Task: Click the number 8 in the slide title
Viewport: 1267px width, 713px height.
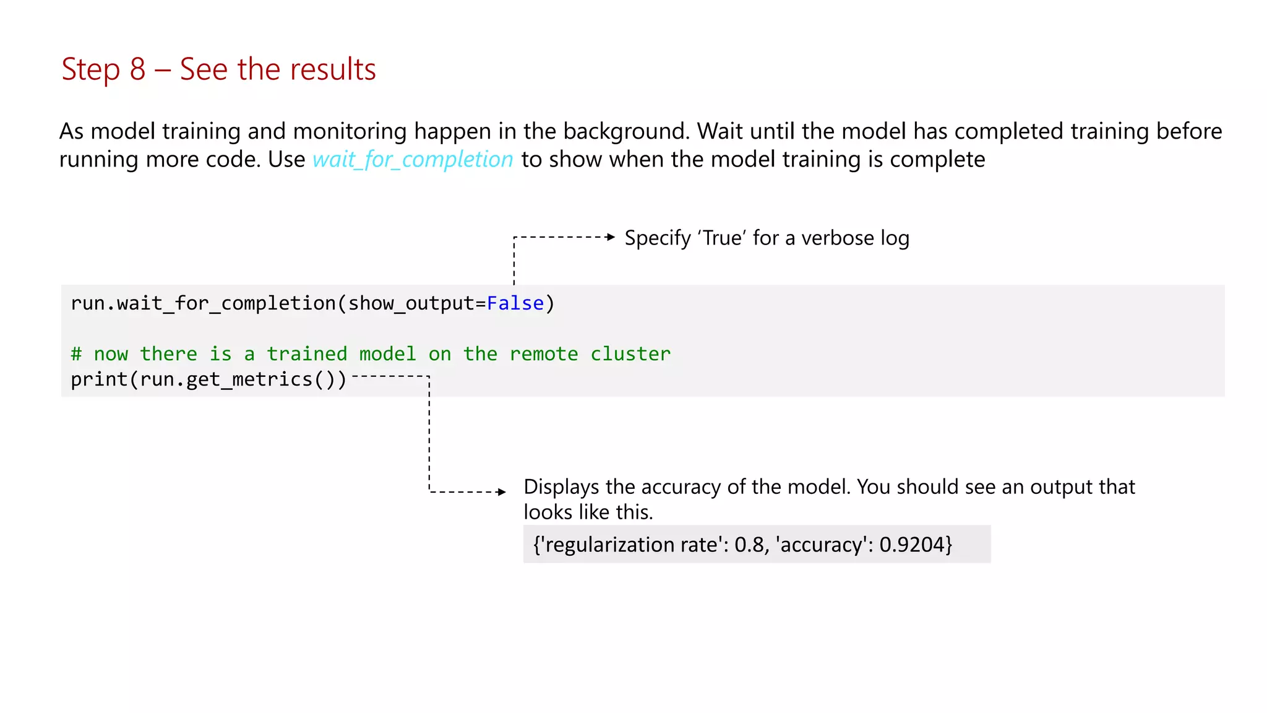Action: tap(137, 69)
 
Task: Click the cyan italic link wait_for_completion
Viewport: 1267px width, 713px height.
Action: tap(413, 160)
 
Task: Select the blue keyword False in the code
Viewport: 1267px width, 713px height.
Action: tap(515, 303)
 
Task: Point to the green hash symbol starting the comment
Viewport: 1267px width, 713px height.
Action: tap(76, 354)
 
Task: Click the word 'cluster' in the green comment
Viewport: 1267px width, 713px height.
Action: tap(630, 354)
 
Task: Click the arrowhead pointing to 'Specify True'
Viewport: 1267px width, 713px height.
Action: tap(611, 237)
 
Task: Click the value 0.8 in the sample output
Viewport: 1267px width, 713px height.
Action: tap(749, 545)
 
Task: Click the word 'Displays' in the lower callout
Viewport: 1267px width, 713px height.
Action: tap(561, 487)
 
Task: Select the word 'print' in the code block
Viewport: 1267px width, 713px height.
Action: tap(99, 379)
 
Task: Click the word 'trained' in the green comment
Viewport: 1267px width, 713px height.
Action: tap(307, 354)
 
